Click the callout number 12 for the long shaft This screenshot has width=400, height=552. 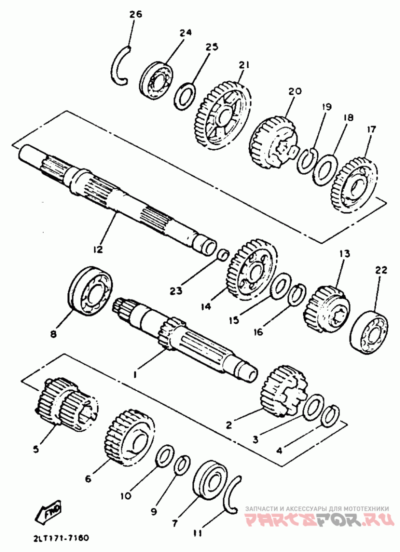coord(98,249)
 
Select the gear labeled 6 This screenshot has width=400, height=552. coord(129,437)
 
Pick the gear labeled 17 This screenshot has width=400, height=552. coord(354,185)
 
